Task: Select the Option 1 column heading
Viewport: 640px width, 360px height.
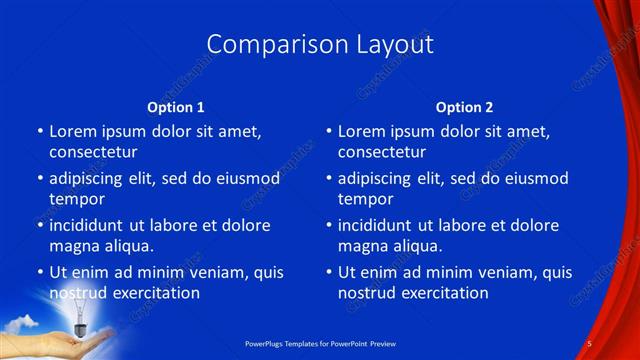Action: click(x=176, y=107)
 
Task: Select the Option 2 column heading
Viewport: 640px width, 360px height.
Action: click(x=464, y=107)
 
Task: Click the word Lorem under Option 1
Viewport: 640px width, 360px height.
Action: click(x=72, y=131)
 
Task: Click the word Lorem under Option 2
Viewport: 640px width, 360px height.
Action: click(x=361, y=131)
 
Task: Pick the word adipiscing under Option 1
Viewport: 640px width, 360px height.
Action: click(x=92, y=179)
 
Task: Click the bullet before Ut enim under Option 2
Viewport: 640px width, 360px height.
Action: click(x=330, y=272)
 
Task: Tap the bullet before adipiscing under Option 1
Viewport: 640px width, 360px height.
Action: click(x=40, y=179)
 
